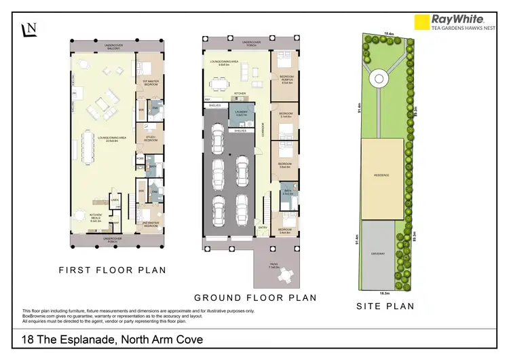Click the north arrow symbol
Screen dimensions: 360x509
(29, 29)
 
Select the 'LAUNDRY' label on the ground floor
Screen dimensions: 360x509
(241, 115)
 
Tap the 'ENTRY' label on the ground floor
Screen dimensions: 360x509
(261, 228)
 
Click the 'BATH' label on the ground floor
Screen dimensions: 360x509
(288, 192)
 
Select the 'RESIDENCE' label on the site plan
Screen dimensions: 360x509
(382, 175)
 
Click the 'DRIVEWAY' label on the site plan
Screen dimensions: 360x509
(379, 254)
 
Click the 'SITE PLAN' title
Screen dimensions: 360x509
(385, 306)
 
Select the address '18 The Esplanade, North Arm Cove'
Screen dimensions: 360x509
(112, 339)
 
